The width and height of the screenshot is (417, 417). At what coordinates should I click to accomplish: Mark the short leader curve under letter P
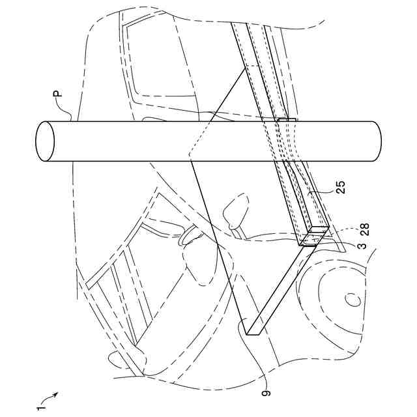pyautogui.click(x=68, y=115)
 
